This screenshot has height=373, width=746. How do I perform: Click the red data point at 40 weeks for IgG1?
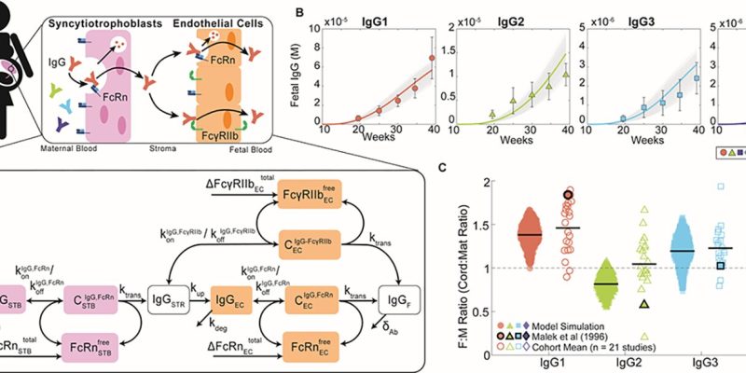pos(432,58)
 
